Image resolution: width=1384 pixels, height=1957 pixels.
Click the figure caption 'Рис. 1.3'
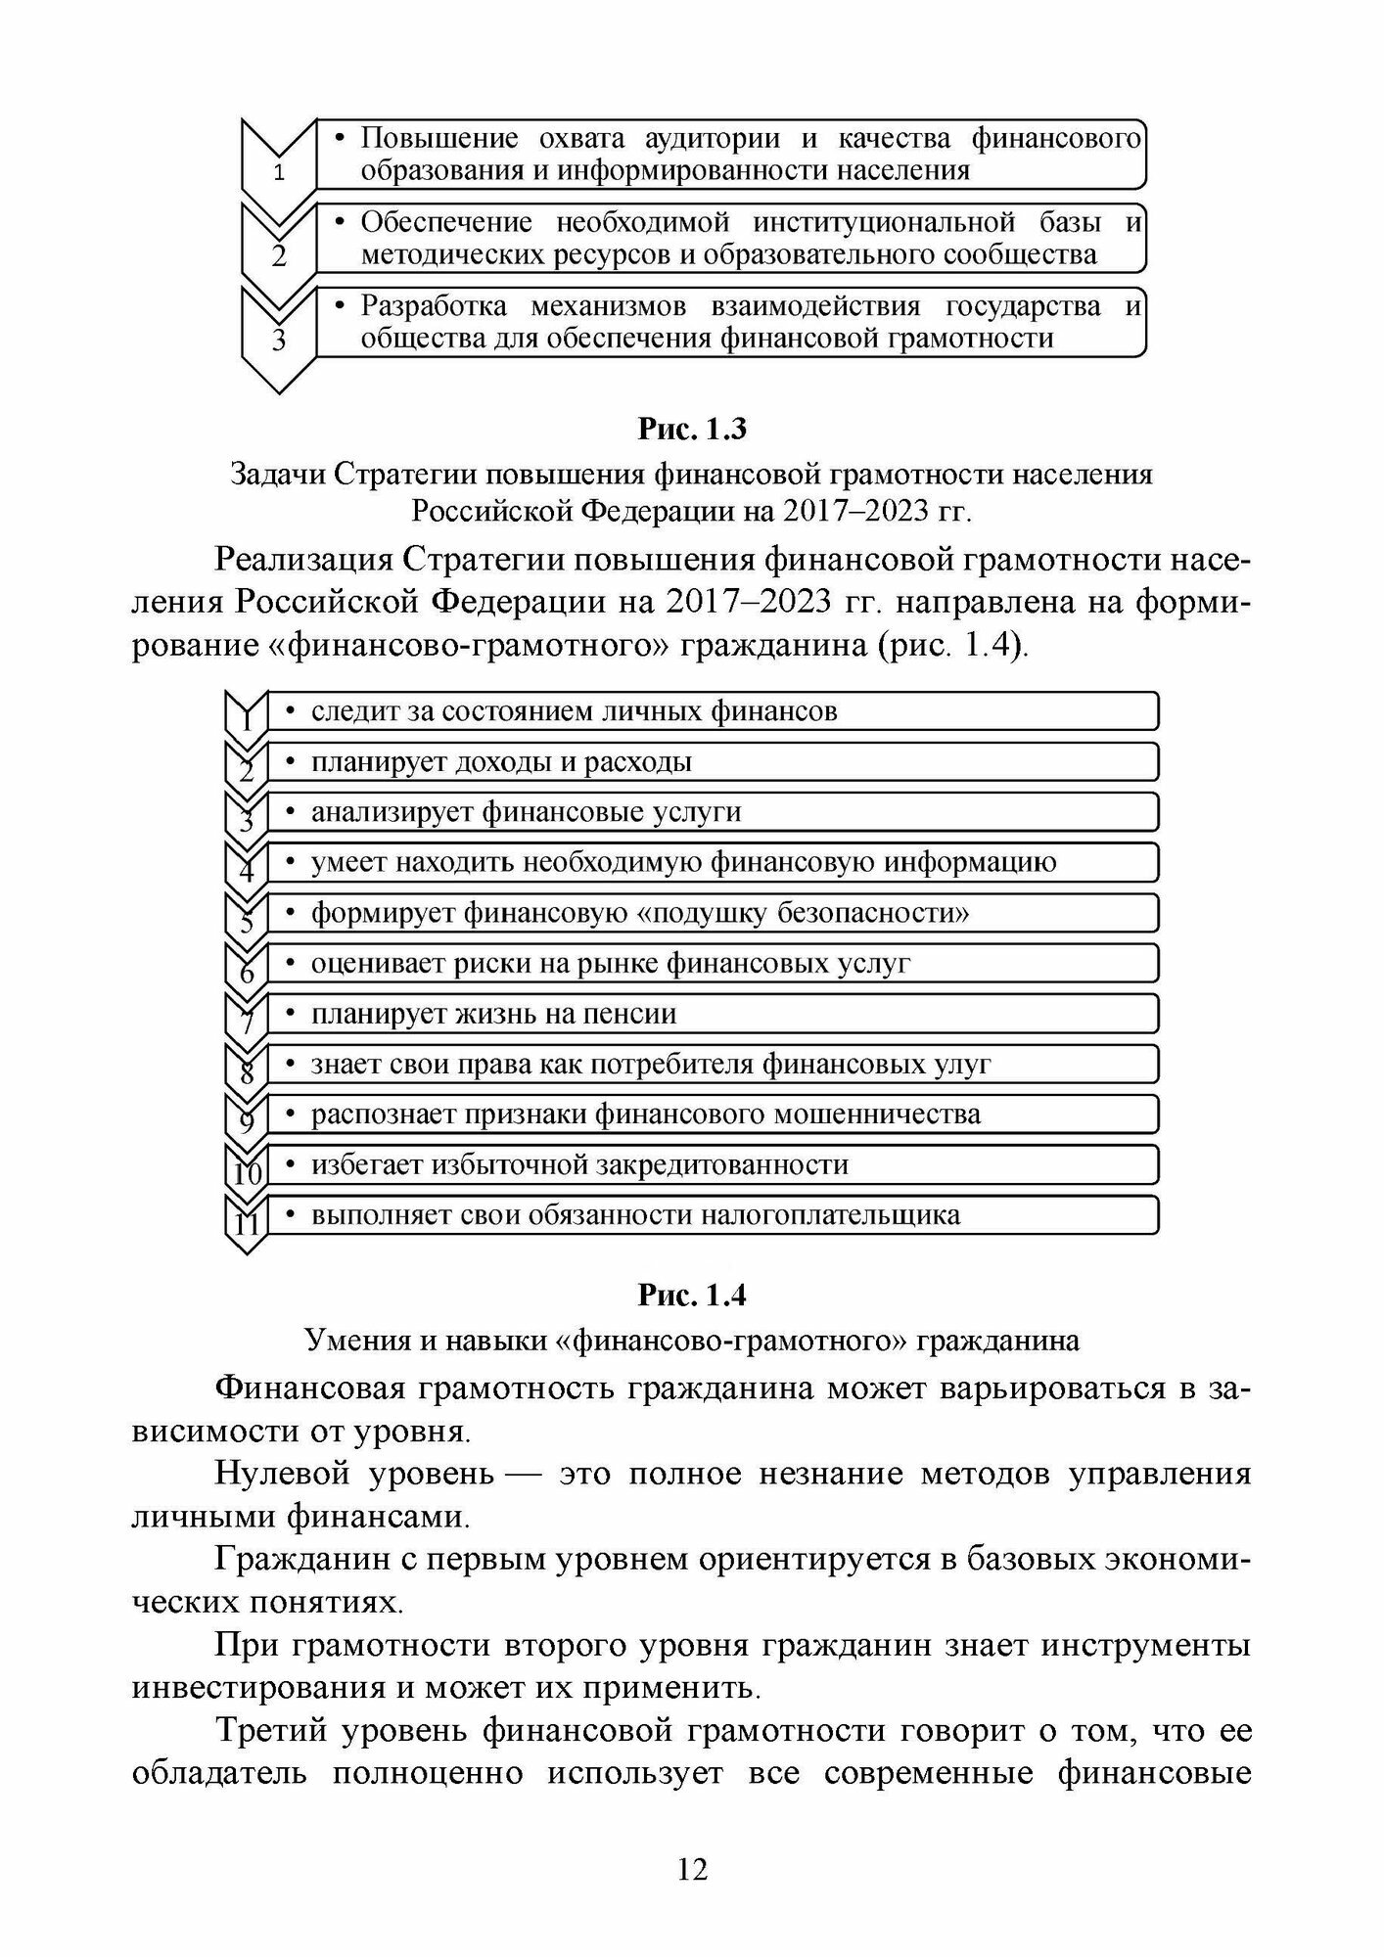pyautogui.click(x=691, y=429)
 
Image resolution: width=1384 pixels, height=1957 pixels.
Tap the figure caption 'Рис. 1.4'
pyautogui.click(x=691, y=1295)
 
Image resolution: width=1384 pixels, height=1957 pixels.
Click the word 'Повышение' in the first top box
pyautogui.click(x=434, y=138)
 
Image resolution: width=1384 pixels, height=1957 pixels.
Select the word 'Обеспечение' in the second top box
pyautogui.click(x=445, y=222)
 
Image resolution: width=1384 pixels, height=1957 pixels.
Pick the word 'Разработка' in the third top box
pyautogui.click(x=434, y=306)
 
